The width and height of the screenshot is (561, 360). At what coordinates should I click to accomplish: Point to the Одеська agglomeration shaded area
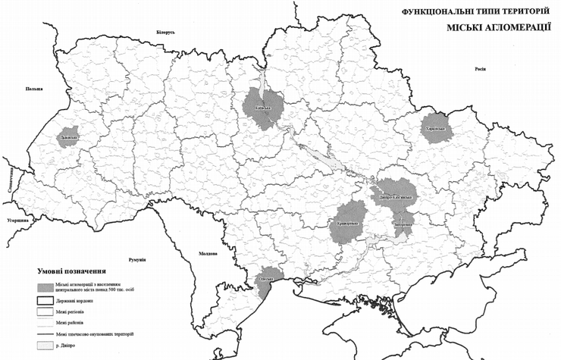pos(268,278)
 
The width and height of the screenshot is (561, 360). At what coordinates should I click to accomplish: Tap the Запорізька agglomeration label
pos(403,225)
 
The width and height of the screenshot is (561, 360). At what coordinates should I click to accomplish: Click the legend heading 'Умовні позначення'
pos(71,270)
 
